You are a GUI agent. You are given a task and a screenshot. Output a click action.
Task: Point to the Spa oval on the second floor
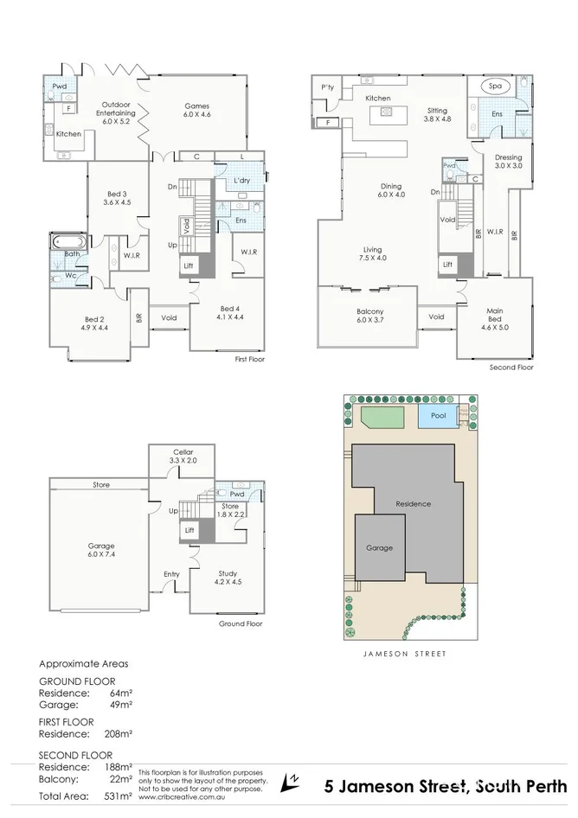pos(496,87)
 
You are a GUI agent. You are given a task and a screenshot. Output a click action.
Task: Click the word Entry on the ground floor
pos(172,573)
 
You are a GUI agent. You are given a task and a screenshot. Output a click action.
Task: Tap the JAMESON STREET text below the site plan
pos(405,655)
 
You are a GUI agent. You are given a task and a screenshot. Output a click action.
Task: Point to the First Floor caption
pos(250,359)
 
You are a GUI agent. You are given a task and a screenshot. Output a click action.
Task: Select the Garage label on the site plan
pos(379,548)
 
